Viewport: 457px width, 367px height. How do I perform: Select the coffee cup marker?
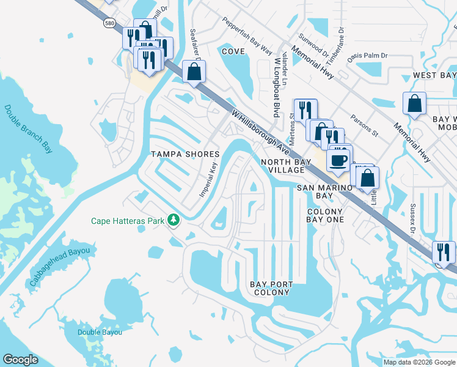[x=337, y=160]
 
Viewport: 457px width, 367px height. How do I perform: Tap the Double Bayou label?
[x=100, y=332]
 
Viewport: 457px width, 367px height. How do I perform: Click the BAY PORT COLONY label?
[x=271, y=288]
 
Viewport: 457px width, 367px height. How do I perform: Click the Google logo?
[x=20, y=360]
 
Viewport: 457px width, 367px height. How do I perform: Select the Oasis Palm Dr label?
[x=367, y=56]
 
